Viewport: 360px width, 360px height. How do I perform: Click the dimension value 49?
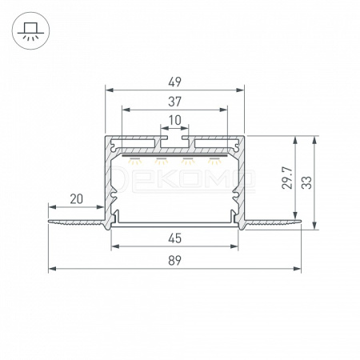coord(174,82)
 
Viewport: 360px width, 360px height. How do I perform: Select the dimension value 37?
coord(174,102)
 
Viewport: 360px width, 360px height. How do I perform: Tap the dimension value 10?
coord(175,120)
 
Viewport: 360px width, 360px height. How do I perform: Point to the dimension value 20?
coord(77,199)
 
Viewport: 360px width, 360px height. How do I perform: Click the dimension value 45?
coord(175,238)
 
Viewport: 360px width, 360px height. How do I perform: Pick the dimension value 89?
coord(175,260)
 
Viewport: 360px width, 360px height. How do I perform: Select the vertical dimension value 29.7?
coord(288,178)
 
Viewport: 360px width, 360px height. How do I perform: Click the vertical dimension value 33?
coord(307,182)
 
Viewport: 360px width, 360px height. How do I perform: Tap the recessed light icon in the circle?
coord(30,31)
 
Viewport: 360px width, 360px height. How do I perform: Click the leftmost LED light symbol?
coord(135,161)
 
